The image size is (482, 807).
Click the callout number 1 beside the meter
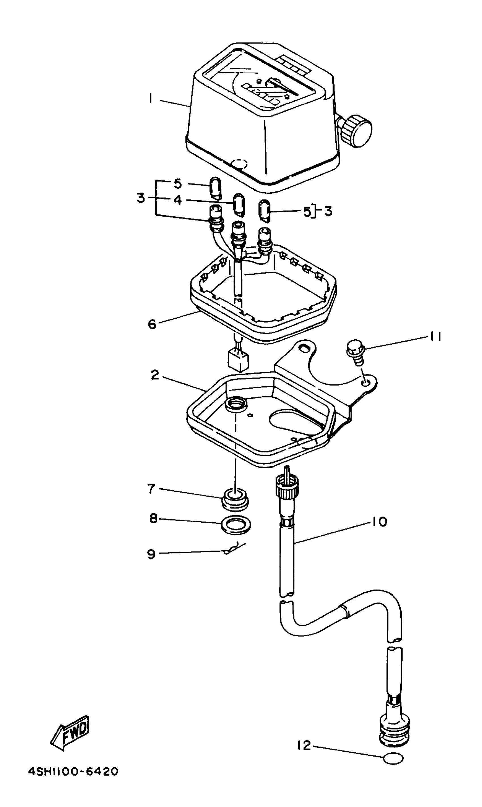tap(150, 98)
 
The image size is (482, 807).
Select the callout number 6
tap(152, 324)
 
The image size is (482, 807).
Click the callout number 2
tap(155, 375)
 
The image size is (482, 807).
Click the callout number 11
tap(435, 337)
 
